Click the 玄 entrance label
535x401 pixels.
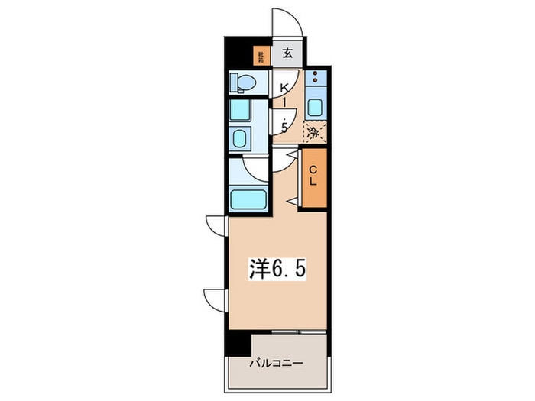[288, 53]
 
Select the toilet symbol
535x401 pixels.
[245, 82]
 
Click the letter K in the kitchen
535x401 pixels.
[284, 88]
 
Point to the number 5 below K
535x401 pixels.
[284, 128]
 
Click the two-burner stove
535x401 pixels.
[315, 78]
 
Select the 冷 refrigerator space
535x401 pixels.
[314, 132]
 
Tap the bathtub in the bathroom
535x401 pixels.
[247, 200]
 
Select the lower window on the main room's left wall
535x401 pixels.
[214, 298]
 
